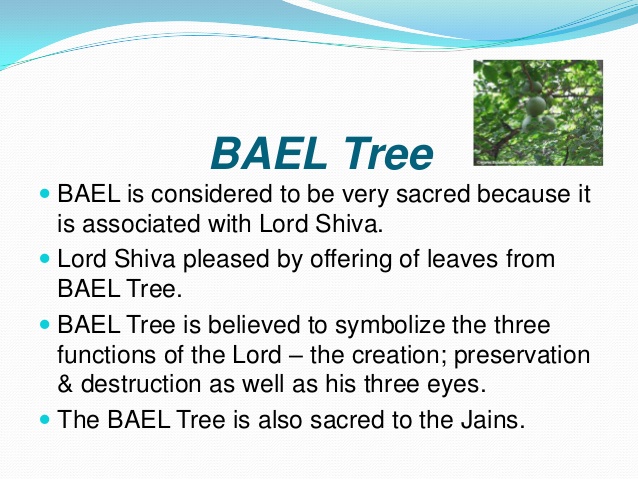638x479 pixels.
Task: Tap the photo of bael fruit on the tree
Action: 537,109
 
